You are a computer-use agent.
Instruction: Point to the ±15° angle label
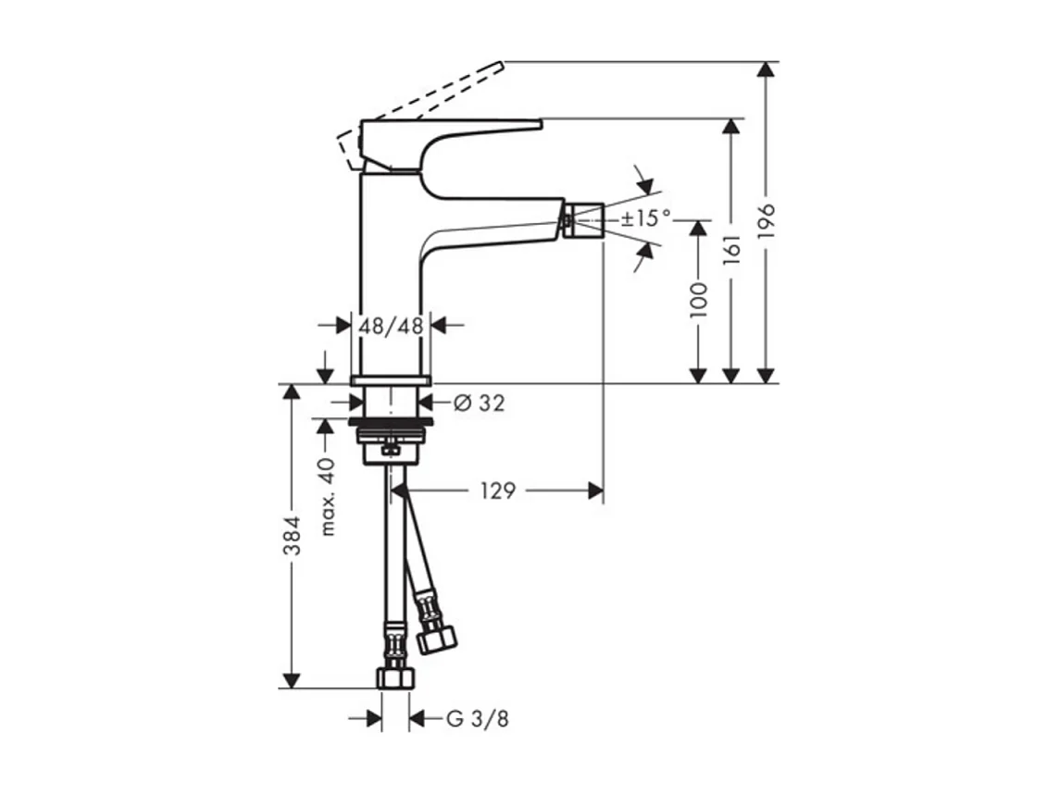coord(645,219)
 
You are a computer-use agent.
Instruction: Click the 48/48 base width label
coord(391,325)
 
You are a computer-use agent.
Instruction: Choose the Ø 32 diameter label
coord(480,403)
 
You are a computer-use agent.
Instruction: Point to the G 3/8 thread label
coord(478,718)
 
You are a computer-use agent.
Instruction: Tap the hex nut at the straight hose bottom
coord(395,677)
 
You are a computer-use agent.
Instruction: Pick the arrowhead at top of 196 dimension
coord(766,71)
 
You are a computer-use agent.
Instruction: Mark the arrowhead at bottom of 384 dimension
coord(292,680)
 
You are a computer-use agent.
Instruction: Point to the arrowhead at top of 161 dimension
coord(732,128)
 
